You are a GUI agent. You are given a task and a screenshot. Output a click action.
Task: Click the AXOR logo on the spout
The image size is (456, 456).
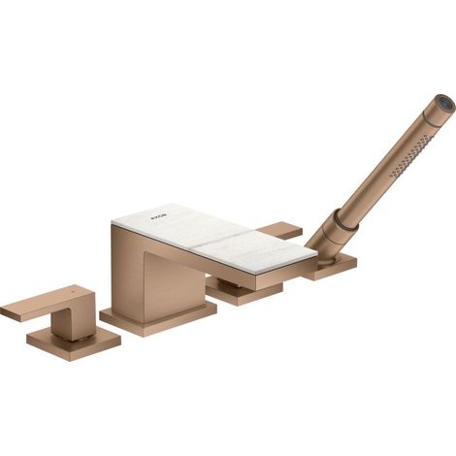pyautogui.click(x=157, y=216)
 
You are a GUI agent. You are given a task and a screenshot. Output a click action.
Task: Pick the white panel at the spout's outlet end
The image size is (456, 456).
pyautogui.click(x=255, y=250)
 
